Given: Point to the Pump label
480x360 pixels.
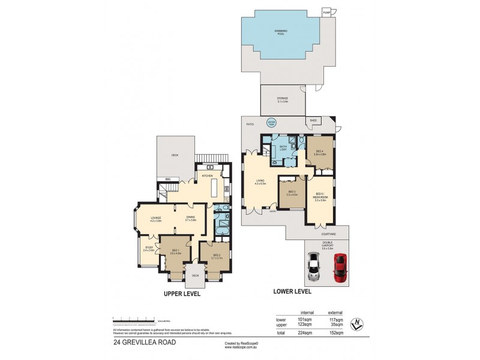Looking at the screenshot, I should (326, 11).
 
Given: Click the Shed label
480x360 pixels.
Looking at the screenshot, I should (313, 120).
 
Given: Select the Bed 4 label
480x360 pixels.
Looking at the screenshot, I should (319, 152).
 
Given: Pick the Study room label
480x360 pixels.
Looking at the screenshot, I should (148, 248).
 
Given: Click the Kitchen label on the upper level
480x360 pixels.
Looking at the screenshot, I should (208, 176).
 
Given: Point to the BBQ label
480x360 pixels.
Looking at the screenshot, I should (168, 179).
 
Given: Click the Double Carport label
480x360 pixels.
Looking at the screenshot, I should (326, 243).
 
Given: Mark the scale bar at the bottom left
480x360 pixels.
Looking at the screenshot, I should (133, 319).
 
